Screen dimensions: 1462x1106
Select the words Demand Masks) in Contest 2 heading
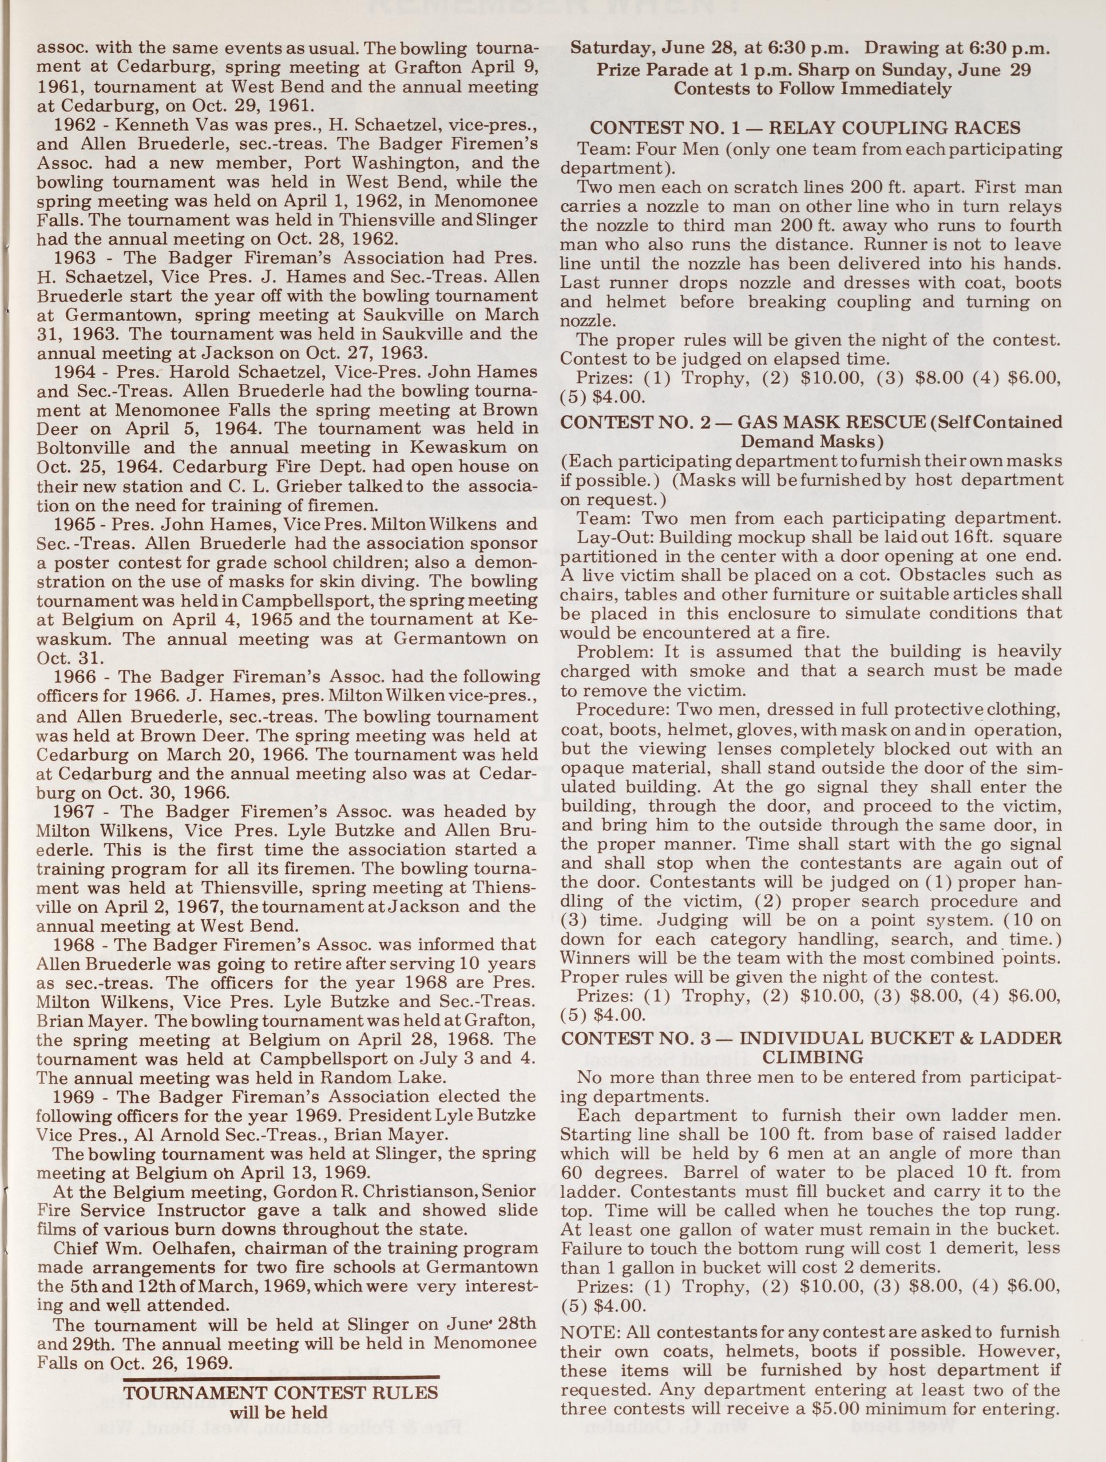coord(812,440)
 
